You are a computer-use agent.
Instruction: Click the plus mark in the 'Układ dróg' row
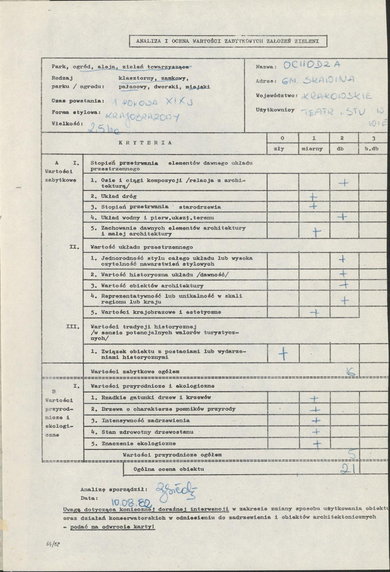pos(314,196)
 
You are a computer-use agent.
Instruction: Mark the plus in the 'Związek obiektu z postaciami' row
pos(283,354)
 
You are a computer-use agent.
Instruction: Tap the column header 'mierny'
pos(312,148)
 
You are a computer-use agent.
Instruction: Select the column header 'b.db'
pos(371,148)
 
